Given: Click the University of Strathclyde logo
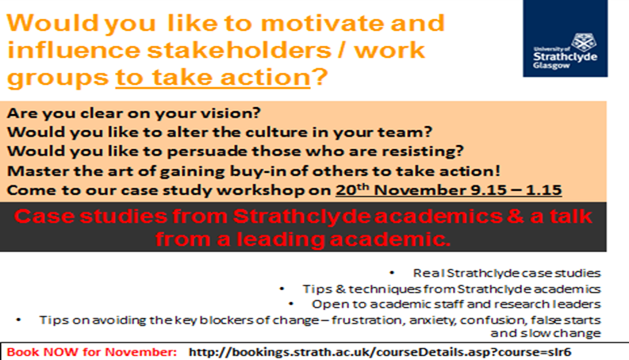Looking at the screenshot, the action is (x=566, y=39).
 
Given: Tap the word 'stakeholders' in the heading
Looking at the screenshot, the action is (x=239, y=50).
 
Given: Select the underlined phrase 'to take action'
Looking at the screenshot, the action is (x=213, y=78).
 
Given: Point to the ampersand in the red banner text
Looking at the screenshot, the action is (x=516, y=216).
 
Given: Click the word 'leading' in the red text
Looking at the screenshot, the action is (x=281, y=239).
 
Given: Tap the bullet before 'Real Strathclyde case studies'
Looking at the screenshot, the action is (x=392, y=273).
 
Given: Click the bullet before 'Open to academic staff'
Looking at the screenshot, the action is (x=291, y=304).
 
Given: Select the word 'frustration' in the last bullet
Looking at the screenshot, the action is (x=366, y=320).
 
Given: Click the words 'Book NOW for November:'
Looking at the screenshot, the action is (x=92, y=352).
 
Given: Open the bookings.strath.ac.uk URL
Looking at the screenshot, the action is (x=379, y=352).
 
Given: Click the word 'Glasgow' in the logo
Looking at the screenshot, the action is (x=551, y=65).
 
